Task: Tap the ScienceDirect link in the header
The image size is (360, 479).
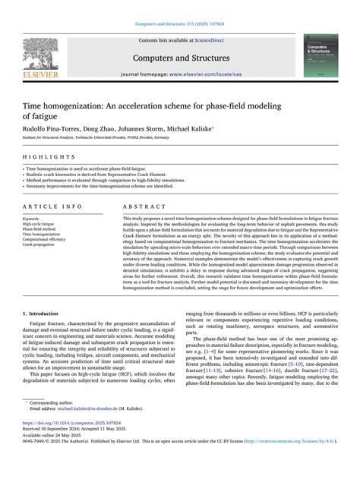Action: pos(215,40)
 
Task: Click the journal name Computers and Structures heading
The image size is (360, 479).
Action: pos(181,58)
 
